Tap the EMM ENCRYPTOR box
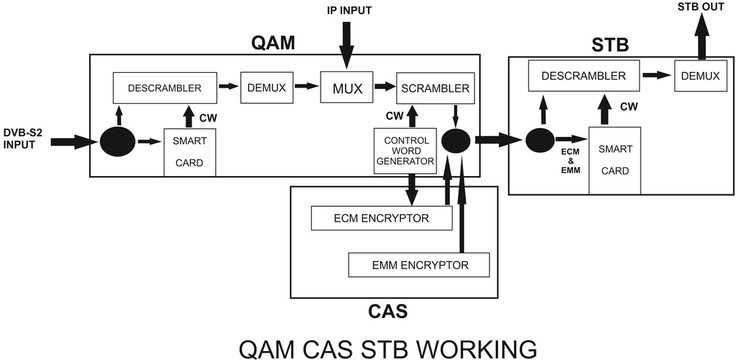click(x=420, y=264)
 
